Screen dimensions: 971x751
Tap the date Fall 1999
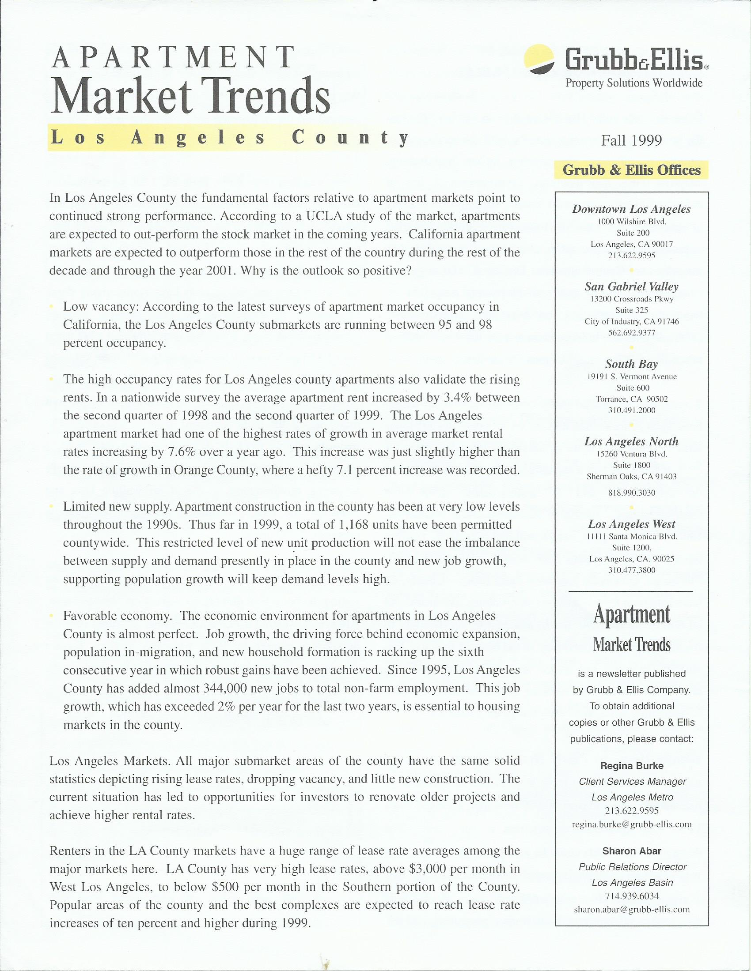click(631, 140)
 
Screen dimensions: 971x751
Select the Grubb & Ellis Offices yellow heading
click(631, 170)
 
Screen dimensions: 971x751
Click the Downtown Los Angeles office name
click(631, 209)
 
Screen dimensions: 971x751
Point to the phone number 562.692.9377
click(631, 332)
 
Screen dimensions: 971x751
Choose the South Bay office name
click(631, 364)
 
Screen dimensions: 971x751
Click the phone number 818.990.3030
click(631, 493)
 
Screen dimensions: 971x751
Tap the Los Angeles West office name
click(631, 524)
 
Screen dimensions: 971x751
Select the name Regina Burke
click(631, 766)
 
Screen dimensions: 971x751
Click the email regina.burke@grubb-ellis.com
click(631, 824)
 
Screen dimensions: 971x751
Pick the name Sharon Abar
click(631, 851)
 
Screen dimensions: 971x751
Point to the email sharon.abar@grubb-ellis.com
click(631, 909)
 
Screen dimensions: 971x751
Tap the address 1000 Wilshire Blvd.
click(631, 222)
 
